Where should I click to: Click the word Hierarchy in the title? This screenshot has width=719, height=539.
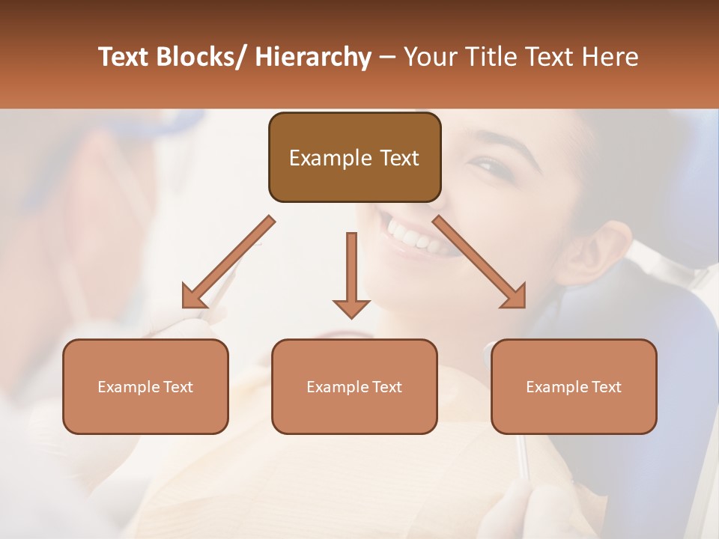pos(312,58)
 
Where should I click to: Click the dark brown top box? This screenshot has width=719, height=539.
pos(354,157)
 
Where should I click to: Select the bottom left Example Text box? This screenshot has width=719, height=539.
pos(145,387)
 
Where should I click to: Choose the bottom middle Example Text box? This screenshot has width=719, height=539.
pos(354,387)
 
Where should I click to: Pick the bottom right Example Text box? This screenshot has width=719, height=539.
pos(574,387)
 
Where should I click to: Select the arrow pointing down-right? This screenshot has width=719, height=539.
pos(480,263)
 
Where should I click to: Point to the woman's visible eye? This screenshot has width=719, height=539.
pos(486,164)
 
